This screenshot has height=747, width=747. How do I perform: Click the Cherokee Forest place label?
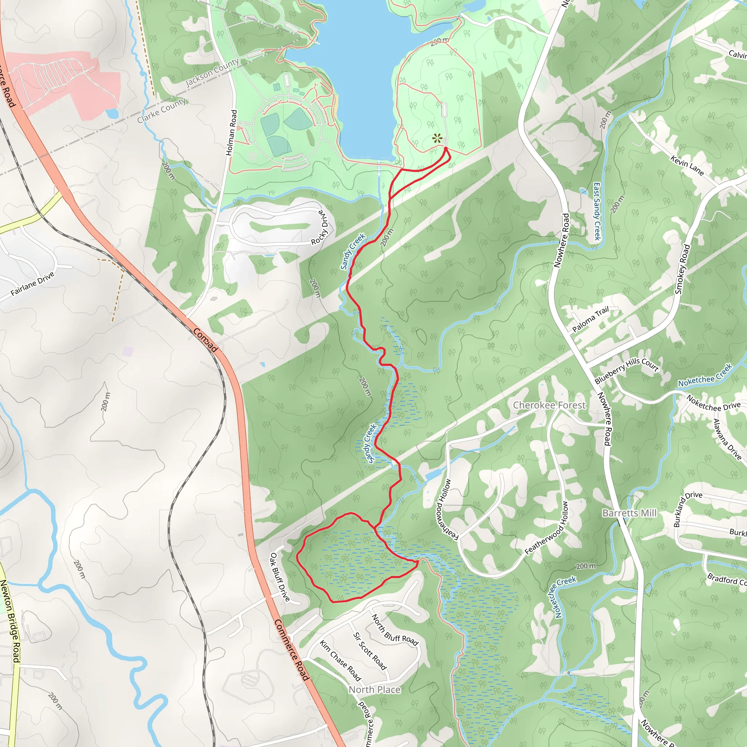tap(549, 405)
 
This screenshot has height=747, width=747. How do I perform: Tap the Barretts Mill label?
tap(630, 513)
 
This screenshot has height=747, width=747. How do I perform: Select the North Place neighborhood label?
tap(374, 690)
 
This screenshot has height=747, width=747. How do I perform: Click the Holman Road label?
tap(232, 133)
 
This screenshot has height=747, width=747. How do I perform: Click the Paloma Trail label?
tap(591, 319)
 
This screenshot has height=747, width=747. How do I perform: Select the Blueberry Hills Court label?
tap(626, 371)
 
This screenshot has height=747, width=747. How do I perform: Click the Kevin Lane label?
tap(687, 165)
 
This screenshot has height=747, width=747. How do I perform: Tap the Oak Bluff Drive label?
tap(279, 577)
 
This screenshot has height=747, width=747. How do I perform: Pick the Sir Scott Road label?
tap(369, 651)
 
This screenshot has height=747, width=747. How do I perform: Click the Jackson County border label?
tap(212, 72)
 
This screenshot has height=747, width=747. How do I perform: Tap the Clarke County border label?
tap(162, 111)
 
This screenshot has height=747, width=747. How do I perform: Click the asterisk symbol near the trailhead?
tap(437, 138)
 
